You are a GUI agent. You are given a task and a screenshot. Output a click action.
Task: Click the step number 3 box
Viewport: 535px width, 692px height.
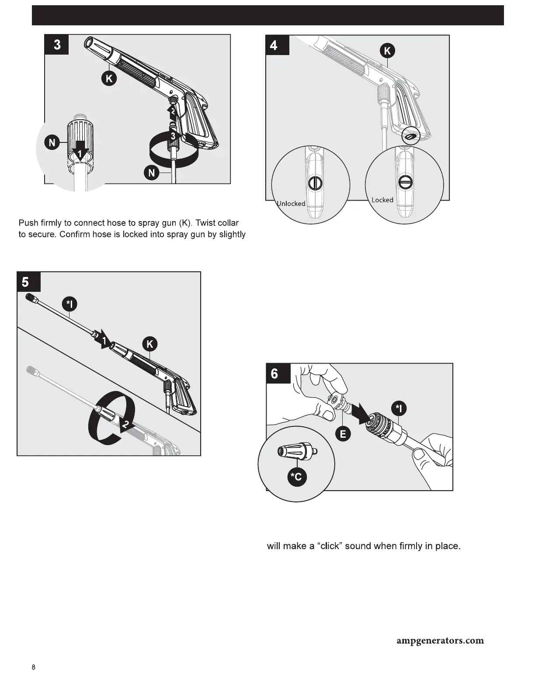[57, 45]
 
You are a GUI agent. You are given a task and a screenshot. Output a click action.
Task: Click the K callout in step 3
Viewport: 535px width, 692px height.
[109, 78]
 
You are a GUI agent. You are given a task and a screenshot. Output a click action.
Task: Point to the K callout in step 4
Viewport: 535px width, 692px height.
[387, 51]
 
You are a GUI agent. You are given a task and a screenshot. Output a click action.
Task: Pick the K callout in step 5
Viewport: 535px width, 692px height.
[150, 344]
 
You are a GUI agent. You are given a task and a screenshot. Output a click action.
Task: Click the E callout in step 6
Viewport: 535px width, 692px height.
[343, 434]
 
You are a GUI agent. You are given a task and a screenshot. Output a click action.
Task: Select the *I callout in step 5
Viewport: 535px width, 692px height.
[69, 304]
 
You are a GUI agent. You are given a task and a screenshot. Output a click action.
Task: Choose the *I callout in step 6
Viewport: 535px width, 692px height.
[399, 409]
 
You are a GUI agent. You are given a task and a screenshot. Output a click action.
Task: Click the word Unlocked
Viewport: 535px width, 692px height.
[292, 204]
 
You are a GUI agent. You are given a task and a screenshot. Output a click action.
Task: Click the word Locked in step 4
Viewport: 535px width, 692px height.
[382, 200]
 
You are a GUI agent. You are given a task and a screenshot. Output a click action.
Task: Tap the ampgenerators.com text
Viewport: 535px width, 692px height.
[440, 641]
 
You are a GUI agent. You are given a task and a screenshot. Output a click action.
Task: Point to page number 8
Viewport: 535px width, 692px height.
[34, 668]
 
